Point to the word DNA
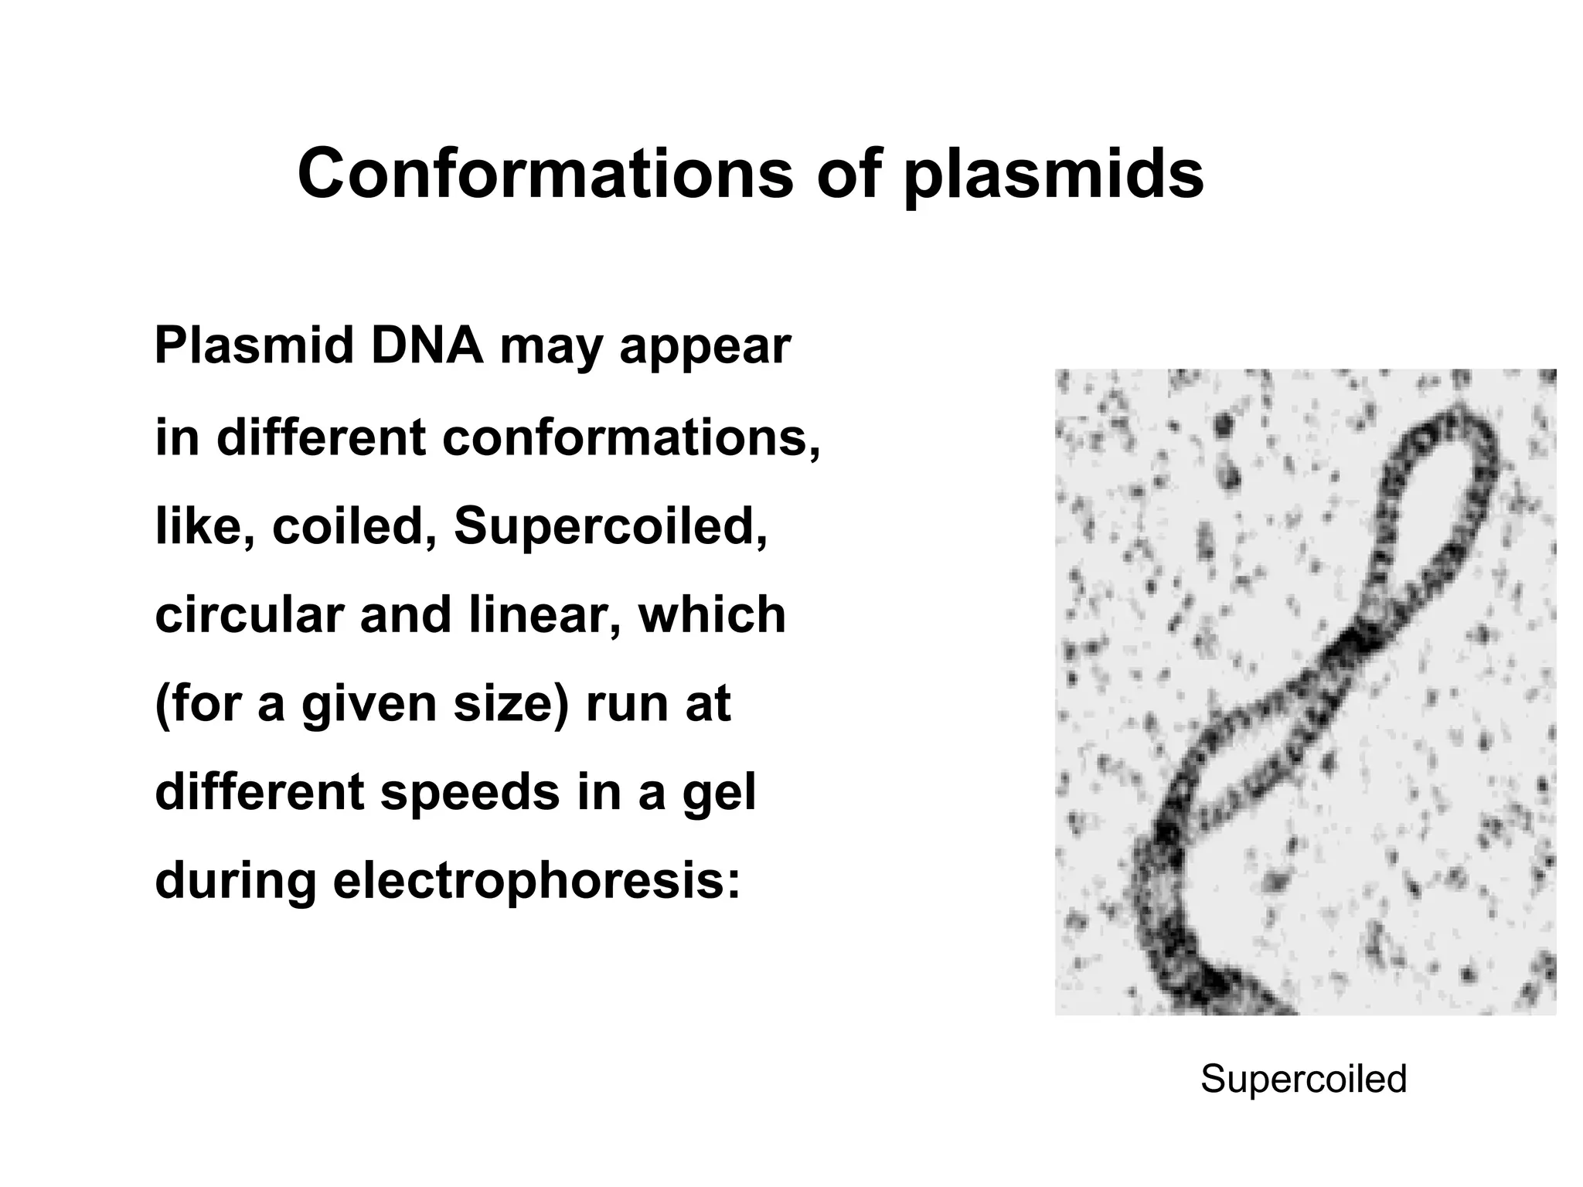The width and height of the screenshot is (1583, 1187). [427, 345]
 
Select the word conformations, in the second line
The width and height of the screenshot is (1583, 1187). [631, 437]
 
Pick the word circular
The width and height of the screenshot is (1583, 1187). [249, 615]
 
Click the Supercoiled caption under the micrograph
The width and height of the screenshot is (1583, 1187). [1303, 1079]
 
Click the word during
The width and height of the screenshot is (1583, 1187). [235, 882]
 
